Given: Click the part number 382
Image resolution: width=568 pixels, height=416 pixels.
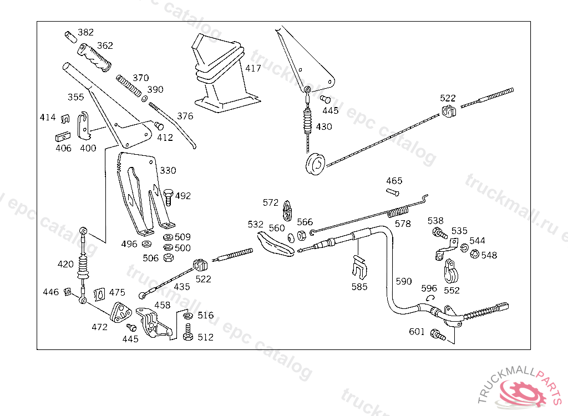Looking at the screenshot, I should pyautogui.click(x=85, y=33).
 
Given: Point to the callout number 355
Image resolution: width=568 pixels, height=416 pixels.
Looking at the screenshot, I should pyautogui.click(x=75, y=97).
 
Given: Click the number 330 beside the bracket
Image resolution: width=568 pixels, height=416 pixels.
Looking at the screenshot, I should pyautogui.click(x=169, y=170).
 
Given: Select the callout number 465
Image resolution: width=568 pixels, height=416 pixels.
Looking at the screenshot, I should pyautogui.click(x=394, y=181).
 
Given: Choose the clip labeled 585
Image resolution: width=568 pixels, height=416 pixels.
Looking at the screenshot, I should pyautogui.click(x=359, y=267).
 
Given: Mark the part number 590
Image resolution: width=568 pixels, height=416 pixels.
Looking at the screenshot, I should pyautogui.click(x=404, y=281).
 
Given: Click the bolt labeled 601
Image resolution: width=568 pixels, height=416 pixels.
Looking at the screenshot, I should pyautogui.click(x=438, y=334).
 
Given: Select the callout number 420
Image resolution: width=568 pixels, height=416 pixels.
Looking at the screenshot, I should pyautogui.click(x=65, y=264).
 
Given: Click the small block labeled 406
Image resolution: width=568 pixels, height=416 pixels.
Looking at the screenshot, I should pyautogui.click(x=62, y=136).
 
